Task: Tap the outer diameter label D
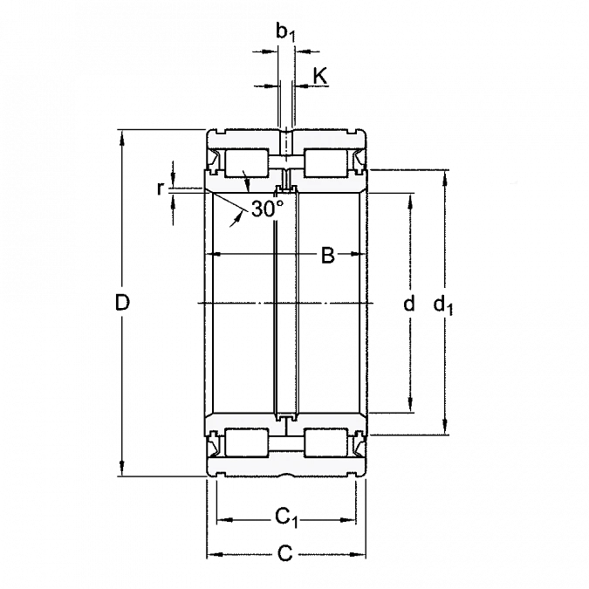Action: (124, 304)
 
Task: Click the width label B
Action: (329, 255)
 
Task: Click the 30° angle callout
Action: (265, 209)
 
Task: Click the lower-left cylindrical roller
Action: (246, 443)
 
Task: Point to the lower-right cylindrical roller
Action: (326, 443)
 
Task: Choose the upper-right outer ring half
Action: (328, 140)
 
